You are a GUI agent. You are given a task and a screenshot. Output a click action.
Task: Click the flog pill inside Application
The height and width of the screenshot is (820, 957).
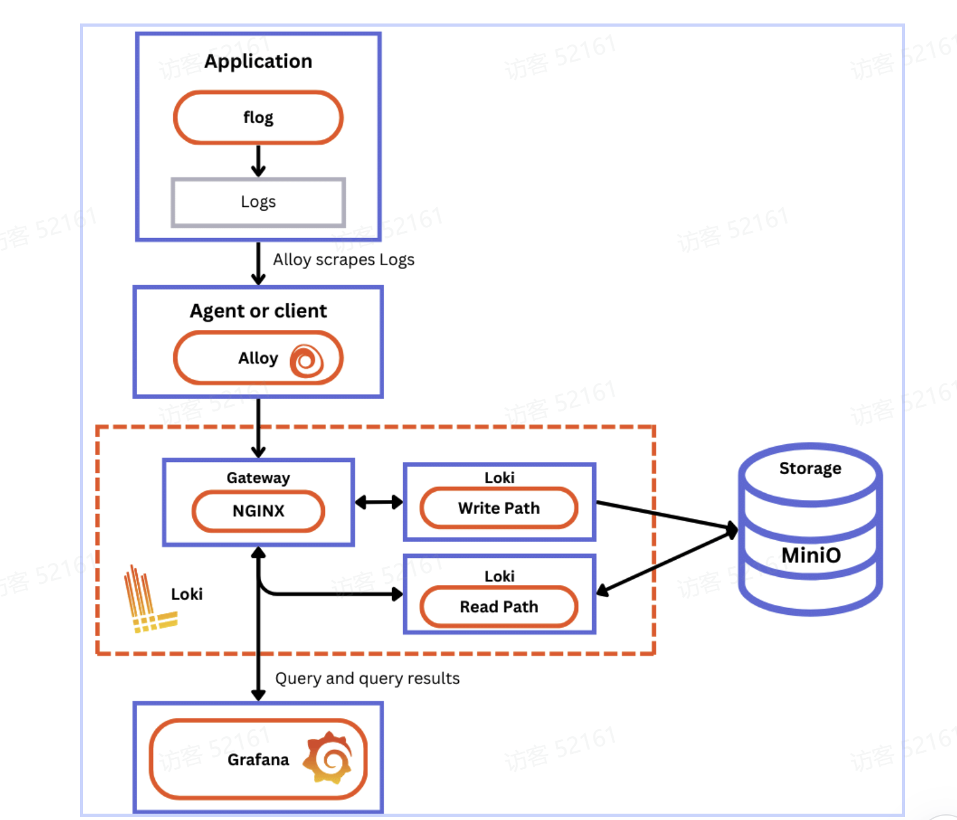click(x=258, y=117)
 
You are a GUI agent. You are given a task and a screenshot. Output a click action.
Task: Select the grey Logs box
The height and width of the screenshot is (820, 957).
click(x=258, y=202)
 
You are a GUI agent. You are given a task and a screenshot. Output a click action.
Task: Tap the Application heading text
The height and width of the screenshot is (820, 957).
click(x=258, y=61)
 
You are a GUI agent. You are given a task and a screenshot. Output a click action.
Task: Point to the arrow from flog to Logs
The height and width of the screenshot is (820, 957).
click(x=258, y=161)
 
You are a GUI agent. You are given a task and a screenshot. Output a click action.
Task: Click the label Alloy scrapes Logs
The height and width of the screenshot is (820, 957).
click(x=343, y=260)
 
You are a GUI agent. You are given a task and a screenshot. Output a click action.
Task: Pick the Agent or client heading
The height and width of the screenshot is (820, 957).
click(x=258, y=311)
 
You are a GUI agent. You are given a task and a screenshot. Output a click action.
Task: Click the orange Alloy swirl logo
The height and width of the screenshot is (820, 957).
click(x=307, y=360)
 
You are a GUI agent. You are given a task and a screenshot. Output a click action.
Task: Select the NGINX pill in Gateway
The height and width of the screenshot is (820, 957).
click(x=258, y=511)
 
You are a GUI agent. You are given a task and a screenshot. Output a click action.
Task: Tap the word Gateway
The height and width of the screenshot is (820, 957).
click(x=258, y=478)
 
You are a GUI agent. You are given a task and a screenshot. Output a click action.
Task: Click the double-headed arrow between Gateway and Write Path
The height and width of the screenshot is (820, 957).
click(x=378, y=503)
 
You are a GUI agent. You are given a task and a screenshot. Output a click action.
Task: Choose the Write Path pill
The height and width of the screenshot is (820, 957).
click(x=499, y=508)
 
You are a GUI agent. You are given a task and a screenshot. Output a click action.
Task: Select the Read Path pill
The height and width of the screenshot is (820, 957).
click(x=499, y=607)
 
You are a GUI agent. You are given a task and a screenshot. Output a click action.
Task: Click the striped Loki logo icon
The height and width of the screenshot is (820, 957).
click(x=148, y=600)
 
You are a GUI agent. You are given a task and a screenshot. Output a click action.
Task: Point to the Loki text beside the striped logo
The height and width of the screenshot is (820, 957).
click(x=187, y=594)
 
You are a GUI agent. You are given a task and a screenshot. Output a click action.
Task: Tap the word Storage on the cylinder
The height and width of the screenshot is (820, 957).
click(x=810, y=468)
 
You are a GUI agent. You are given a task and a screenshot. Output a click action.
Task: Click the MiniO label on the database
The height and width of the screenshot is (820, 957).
click(x=810, y=555)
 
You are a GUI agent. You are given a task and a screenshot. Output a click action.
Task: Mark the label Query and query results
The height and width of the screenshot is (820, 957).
click(x=367, y=678)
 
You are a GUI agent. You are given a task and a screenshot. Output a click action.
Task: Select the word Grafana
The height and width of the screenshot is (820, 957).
click(x=258, y=760)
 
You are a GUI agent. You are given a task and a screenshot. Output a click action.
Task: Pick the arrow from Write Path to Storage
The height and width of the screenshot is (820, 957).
click(x=663, y=515)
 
